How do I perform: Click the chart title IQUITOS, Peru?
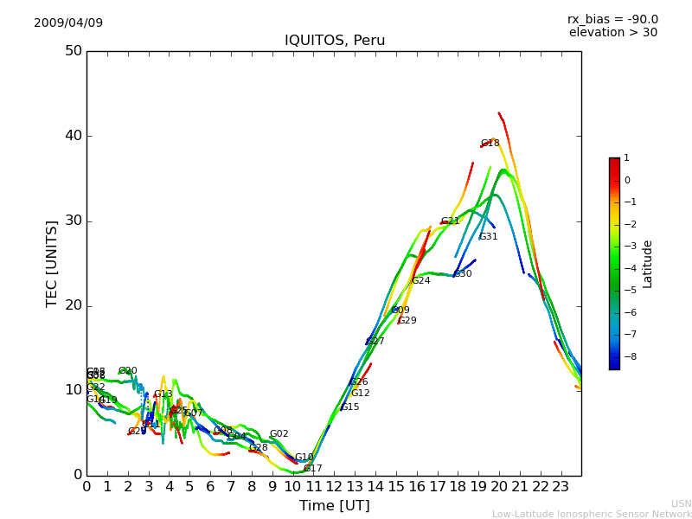pyautogui.click(x=335, y=41)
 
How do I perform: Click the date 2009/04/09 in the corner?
pyautogui.click(x=68, y=22)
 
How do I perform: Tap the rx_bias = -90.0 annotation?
pyautogui.click(x=612, y=19)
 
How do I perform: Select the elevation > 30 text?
pyautogui.click(x=613, y=33)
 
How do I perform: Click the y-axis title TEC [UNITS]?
pyautogui.click(x=52, y=264)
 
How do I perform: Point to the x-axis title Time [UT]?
pyautogui.click(x=334, y=506)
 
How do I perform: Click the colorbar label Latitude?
pyautogui.click(x=647, y=264)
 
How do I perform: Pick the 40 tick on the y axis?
pyautogui.click(x=74, y=136)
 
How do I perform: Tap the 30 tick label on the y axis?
pyautogui.click(x=74, y=221)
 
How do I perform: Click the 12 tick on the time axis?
pyautogui.click(x=334, y=486)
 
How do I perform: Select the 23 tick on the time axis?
pyautogui.click(x=561, y=486)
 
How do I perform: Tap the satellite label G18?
pyautogui.click(x=490, y=144)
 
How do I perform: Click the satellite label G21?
pyautogui.click(x=451, y=221)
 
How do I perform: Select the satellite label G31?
pyautogui.click(x=489, y=237)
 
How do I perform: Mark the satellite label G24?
pyautogui.click(x=421, y=281)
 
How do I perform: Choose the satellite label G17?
pyautogui.click(x=313, y=469)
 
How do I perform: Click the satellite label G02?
pyautogui.click(x=279, y=434)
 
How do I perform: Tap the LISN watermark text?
pyautogui.click(x=681, y=503)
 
